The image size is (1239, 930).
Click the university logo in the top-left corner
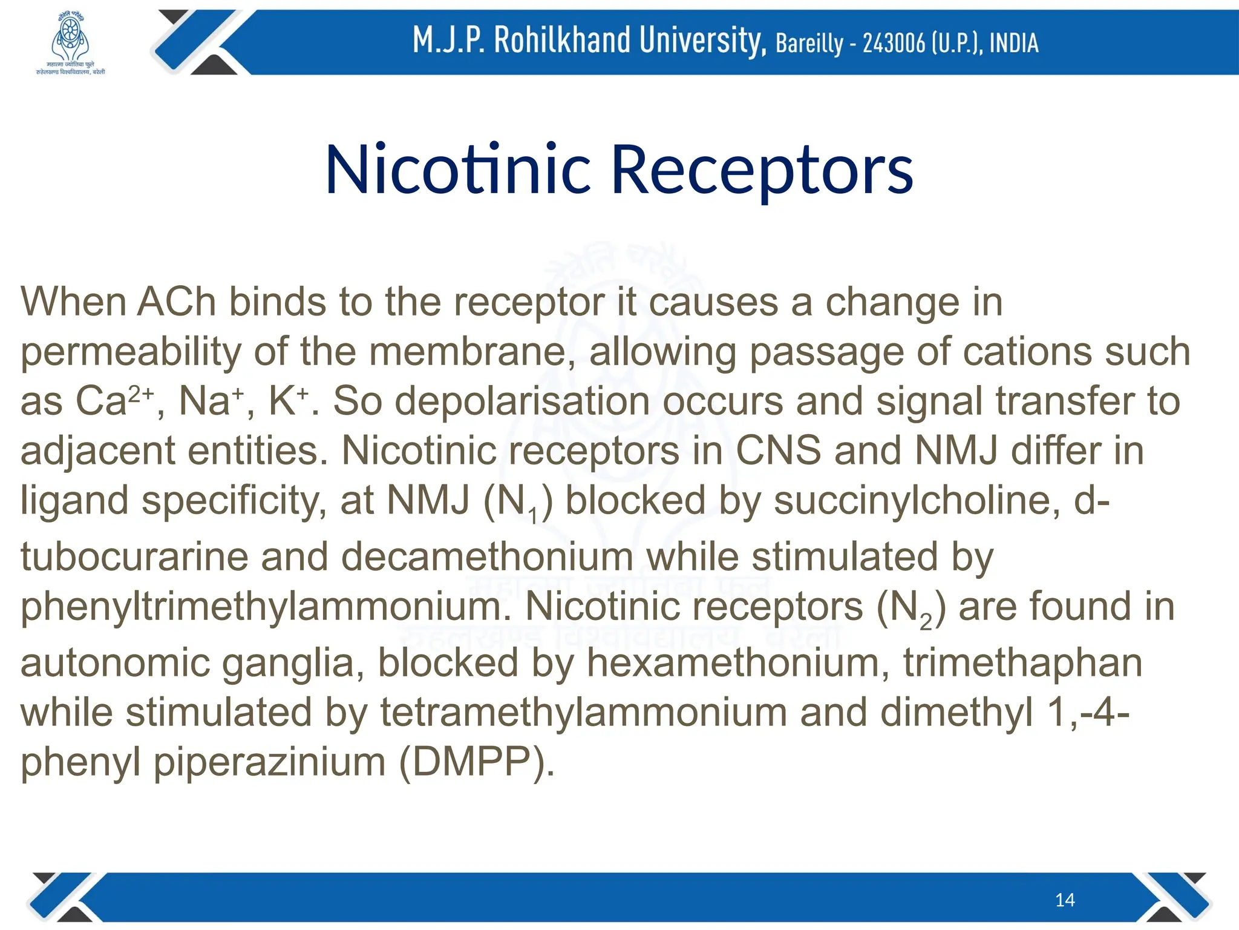pyautogui.click(x=70, y=42)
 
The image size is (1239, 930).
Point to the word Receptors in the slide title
pyautogui.click(x=762, y=171)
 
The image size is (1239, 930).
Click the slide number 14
pyautogui.click(x=1065, y=900)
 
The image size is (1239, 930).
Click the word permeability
pyautogui.click(x=130, y=352)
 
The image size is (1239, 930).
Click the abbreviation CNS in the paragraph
pyautogui.click(x=778, y=450)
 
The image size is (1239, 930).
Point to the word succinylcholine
pyautogui.click(x=916, y=501)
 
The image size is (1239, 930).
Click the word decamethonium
pyautogui.click(x=488, y=556)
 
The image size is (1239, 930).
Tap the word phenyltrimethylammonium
pyautogui.click(x=266, y=606)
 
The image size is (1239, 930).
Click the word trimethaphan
pyautogui.click(x=1022, y=662)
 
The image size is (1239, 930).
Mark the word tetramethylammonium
pyautogui.click(x=583, y=712)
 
